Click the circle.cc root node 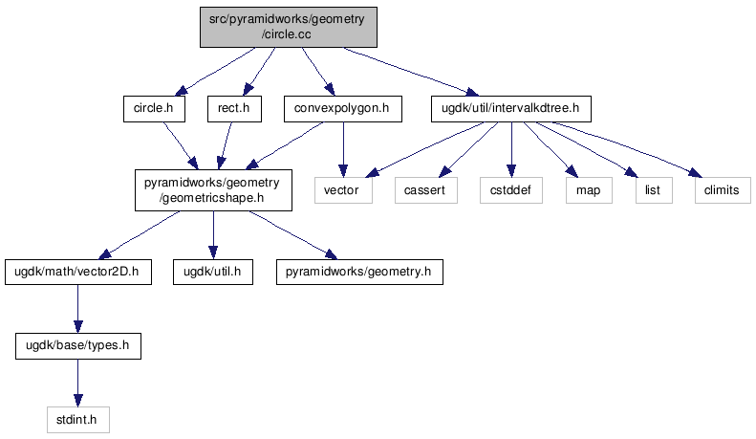click(x=289, y=25)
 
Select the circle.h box click(x=154, y=109)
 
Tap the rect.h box click(x=234, y=109)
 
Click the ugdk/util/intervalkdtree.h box click(x=510, y=109)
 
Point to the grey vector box click(x=341, y=190)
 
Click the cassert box click(x=423, y=190)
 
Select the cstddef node click(x=511, y=190)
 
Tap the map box click(x=588, y=190)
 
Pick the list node click(x=653, y=190)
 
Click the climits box click(x=722, y=190)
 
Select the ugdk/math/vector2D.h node click(x=76, y=273)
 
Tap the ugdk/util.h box click(x=212, y=273)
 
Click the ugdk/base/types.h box click(x=76, y=344)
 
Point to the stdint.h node click(x=77, y=418)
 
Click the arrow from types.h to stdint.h click(x=76, y=382)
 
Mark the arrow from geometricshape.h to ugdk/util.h click(x=212, y=234)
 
